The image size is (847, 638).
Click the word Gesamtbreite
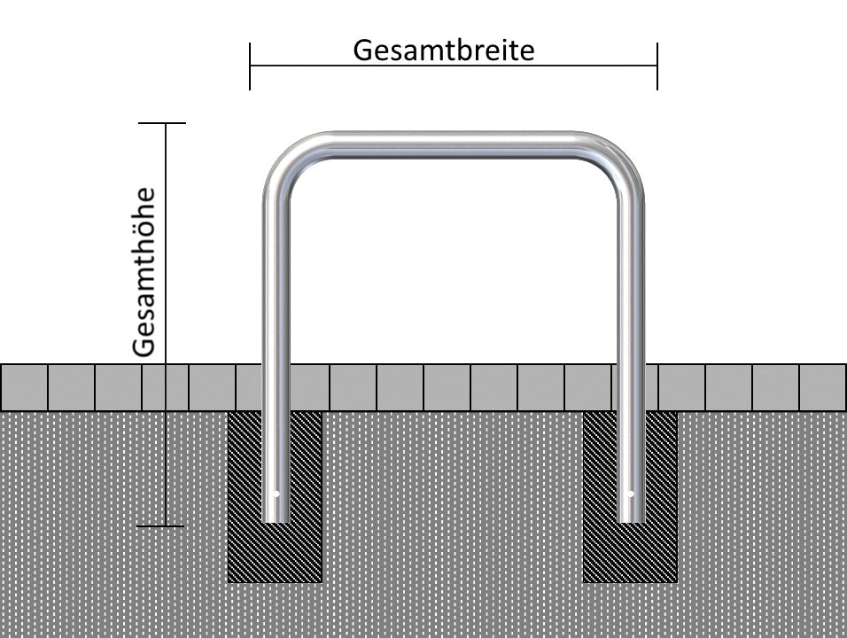point(443,50)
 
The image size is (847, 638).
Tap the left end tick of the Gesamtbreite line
point(250,66)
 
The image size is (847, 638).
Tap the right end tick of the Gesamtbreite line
point(657,66)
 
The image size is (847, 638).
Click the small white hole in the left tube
point(276,494)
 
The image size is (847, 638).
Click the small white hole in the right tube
point(631,494)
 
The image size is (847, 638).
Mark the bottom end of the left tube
point(276,519)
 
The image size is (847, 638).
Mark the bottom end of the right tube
point(631,519)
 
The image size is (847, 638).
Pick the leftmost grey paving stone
point(23,387)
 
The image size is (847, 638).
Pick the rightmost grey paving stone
point(823,387)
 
